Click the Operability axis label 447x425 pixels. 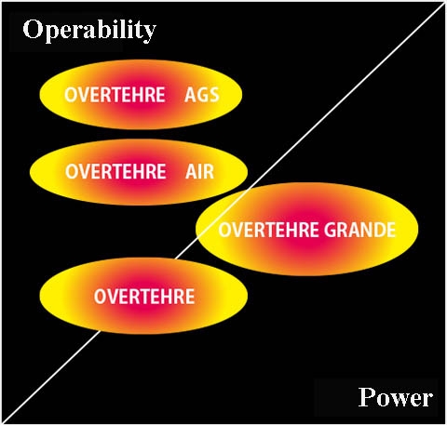[89, 30]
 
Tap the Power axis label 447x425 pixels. [396, 397]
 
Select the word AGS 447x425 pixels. [202, 95]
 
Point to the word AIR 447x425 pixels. [199, 171]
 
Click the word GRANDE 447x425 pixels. [359, 230]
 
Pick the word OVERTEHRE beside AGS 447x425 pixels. [115, 95]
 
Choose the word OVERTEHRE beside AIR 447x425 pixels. [115, 171]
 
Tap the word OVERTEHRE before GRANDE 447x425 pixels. [269, 230]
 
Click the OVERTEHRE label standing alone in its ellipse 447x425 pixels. [144, 297]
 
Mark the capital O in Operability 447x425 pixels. [33, 29]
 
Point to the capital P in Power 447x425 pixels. [367, 396]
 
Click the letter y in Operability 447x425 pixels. [150, 33]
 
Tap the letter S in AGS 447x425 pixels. [214, 95]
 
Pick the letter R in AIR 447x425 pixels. [209, 171]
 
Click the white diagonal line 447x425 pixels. [223, 213]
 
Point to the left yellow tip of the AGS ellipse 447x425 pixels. [41, 94]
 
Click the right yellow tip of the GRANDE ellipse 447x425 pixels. [416, 229]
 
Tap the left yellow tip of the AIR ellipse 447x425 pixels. [32, 171]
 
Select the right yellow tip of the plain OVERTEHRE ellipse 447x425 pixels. [246, 296]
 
